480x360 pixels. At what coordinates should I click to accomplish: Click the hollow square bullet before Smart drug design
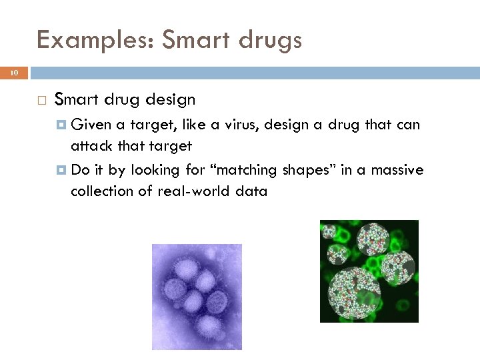(x=41, y=101)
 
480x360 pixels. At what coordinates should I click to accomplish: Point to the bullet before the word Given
(x=62, y=125)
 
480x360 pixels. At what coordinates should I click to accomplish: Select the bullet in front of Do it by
(x=62, y=170)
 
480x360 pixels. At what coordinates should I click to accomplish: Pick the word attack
(x=94, y=146)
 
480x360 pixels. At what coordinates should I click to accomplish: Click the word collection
(x=101, y=191)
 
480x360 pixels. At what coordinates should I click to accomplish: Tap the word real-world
(x=189, y=191)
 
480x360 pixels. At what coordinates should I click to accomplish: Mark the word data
(x=252, y=191)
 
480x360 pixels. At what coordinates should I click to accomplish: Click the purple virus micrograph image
(x=197, y=297)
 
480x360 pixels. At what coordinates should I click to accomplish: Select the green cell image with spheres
(x=369, y=271)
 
